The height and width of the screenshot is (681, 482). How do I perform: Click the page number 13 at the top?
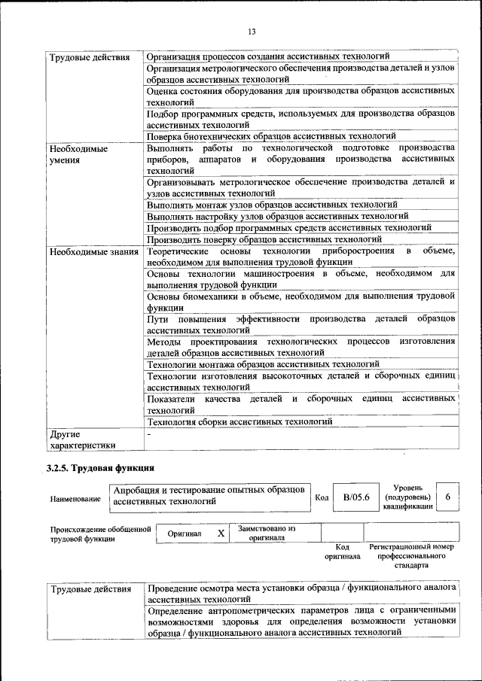point(252,31)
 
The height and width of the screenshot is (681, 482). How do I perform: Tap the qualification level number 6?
point(448,497)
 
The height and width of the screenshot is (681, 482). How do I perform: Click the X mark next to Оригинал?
point(221,533)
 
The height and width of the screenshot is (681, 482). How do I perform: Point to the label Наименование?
point(75,498)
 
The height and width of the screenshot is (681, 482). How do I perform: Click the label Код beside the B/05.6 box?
point(322,498)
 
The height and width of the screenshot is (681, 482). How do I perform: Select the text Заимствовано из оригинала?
point(267,533)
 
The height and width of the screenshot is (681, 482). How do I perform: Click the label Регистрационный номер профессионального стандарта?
point(411,555)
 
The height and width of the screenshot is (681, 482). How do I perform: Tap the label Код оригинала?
point(342,552)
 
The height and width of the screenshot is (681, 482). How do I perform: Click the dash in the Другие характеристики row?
point(149,434)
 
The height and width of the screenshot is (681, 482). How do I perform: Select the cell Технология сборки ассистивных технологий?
point(239,422)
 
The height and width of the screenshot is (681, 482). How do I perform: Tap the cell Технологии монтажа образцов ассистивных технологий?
point(252,365)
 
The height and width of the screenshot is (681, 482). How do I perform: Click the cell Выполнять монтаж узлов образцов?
point(272,204)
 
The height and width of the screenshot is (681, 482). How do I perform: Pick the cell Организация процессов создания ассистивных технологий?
point(268,56)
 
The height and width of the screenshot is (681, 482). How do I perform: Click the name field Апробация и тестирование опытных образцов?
point(208,494)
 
